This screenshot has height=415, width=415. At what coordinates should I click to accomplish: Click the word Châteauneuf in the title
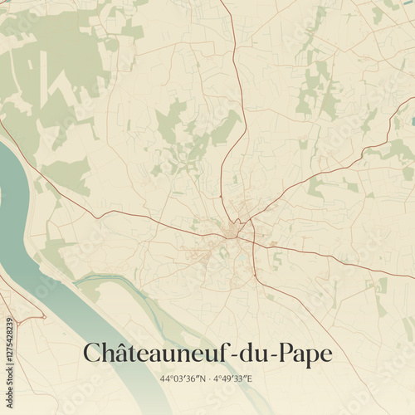[x=158, y=353]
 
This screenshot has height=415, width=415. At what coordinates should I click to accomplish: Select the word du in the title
[x=251, y=353]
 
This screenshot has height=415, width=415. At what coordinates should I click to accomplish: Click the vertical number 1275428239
[x=8, y=335]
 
